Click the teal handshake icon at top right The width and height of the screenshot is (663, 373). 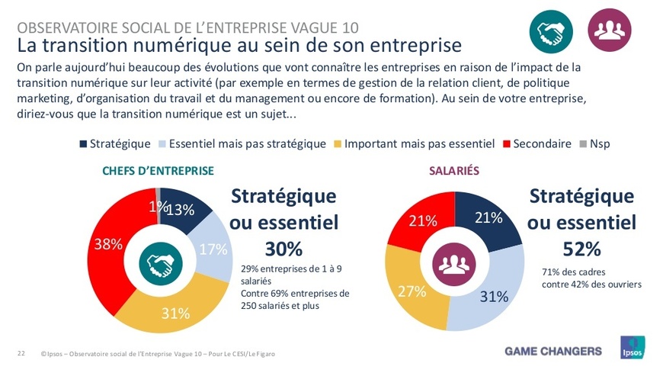click(x=551, y=30)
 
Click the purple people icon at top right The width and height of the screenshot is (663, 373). click(x=610, y=30)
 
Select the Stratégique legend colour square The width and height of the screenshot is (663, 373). click(x=83, y=143)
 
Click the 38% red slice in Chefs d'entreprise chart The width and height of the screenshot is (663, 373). click(x=108, y=245)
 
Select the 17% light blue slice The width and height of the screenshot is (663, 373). click(x=213, y=249)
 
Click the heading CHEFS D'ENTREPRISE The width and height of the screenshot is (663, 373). click(x=158, y=170)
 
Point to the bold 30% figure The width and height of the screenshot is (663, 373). click(x=283, y=249)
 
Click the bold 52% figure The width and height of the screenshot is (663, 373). click(x=581, y=249)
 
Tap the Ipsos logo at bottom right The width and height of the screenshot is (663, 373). click(x=633, y=349)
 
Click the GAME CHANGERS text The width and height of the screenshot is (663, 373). click(x=552, y=351)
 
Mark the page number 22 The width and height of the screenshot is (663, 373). click(x=21, y=352)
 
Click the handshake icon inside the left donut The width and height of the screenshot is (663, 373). click(x=160, y=264)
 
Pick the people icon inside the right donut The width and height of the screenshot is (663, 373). click(x=455, y=264)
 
